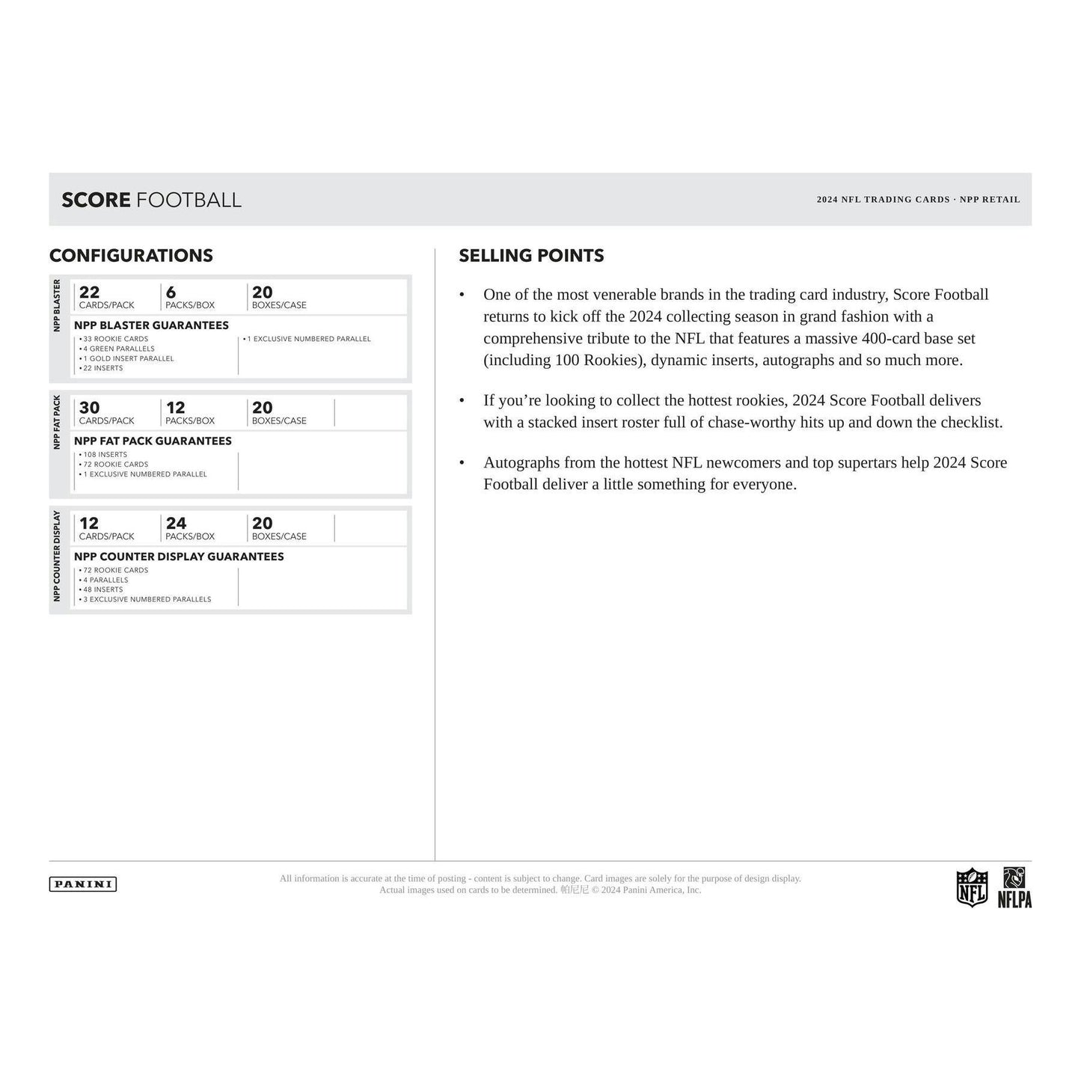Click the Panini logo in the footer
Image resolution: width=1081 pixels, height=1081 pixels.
[x=83, y=884]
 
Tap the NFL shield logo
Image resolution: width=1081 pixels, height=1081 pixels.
[x=972, y=887]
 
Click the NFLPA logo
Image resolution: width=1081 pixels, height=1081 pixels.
[x=1014, y=888]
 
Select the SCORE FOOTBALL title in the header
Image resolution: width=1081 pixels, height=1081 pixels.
[x=151, y=200]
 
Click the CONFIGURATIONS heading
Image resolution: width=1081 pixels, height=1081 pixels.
[x=131, y=256]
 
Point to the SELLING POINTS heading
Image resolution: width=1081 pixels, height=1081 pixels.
[x=531, y=256]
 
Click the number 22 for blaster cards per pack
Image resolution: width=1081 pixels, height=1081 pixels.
[x=89, y=293]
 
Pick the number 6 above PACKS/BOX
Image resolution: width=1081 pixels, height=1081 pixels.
[x=171, y=293]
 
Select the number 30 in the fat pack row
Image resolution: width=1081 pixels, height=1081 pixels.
[x=89, y=408]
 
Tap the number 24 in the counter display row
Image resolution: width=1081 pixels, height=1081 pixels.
[x=176, y=524]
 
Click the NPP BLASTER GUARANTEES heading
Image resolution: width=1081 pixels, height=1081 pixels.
[x=151, y=325]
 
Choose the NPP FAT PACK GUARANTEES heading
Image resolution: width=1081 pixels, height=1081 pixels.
[x=153, y=441]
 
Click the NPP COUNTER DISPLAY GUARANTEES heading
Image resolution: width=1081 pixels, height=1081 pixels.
[x=179, y=557]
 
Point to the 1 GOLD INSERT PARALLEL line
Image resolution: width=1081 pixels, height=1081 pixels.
[x=128, y=358]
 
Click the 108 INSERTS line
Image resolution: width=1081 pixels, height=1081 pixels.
[x=105, y=455]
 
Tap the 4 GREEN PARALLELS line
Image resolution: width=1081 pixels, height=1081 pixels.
[x=118, y=349]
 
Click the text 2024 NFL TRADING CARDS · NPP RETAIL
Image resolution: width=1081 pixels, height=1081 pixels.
[x=918, y=200]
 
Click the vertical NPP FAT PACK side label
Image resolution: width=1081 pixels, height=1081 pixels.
[x=58, y=423]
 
